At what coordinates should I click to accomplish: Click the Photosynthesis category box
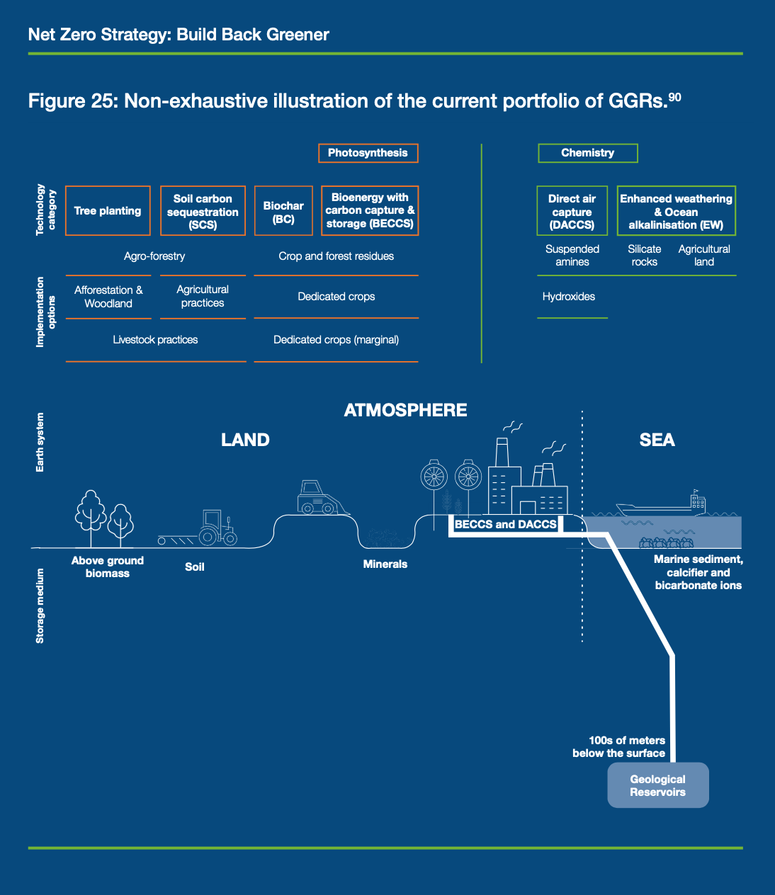click(368, 153)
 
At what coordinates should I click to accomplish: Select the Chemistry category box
click(587, 153)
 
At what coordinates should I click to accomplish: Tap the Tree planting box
click(108, 211)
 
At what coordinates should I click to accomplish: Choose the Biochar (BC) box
click(283, 212)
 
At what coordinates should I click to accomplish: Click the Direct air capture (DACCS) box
click(572, 212)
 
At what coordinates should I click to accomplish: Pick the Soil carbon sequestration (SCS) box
click(203, 212)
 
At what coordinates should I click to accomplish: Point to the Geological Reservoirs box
click(657, 785)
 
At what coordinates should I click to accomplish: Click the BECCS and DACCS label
click(506, 525)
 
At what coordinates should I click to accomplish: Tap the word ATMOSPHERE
click(405, 410)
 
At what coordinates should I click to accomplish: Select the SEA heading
click(657, 440)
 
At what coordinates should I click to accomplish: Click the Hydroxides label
click(569, 297)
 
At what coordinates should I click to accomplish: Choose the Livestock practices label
click(155, 340)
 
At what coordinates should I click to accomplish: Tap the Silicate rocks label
click(644, 256)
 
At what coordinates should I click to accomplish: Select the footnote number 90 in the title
click(674, 97)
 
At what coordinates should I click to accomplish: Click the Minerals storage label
click(385, 564)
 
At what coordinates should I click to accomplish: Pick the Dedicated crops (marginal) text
click(336, 340)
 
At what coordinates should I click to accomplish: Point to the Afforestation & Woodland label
click(108, 297)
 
